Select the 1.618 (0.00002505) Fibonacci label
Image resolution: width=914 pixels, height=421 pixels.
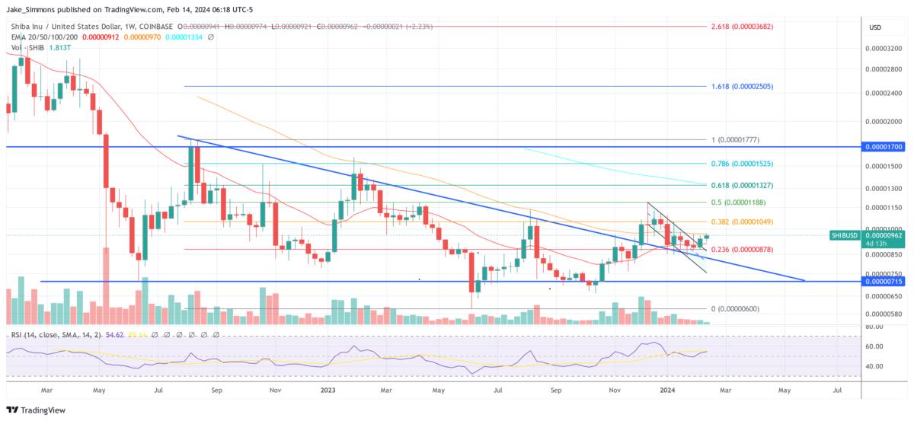(x=742, y=87)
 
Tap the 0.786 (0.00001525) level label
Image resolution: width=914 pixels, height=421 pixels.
(x=743, y=164)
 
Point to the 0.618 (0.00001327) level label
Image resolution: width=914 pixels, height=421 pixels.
(x=743, y=185)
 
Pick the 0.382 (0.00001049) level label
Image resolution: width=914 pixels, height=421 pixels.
(x=743, y=222)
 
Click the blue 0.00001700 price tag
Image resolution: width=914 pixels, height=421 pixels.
(x=882, y=145)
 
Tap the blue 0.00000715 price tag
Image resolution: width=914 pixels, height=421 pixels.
(x=882, y=281)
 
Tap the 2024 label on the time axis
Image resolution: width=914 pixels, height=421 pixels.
(x=669, y=391)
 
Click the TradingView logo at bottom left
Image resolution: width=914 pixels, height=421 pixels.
(x=37, y=410)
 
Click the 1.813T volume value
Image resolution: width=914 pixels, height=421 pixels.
(x=59, y=48)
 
